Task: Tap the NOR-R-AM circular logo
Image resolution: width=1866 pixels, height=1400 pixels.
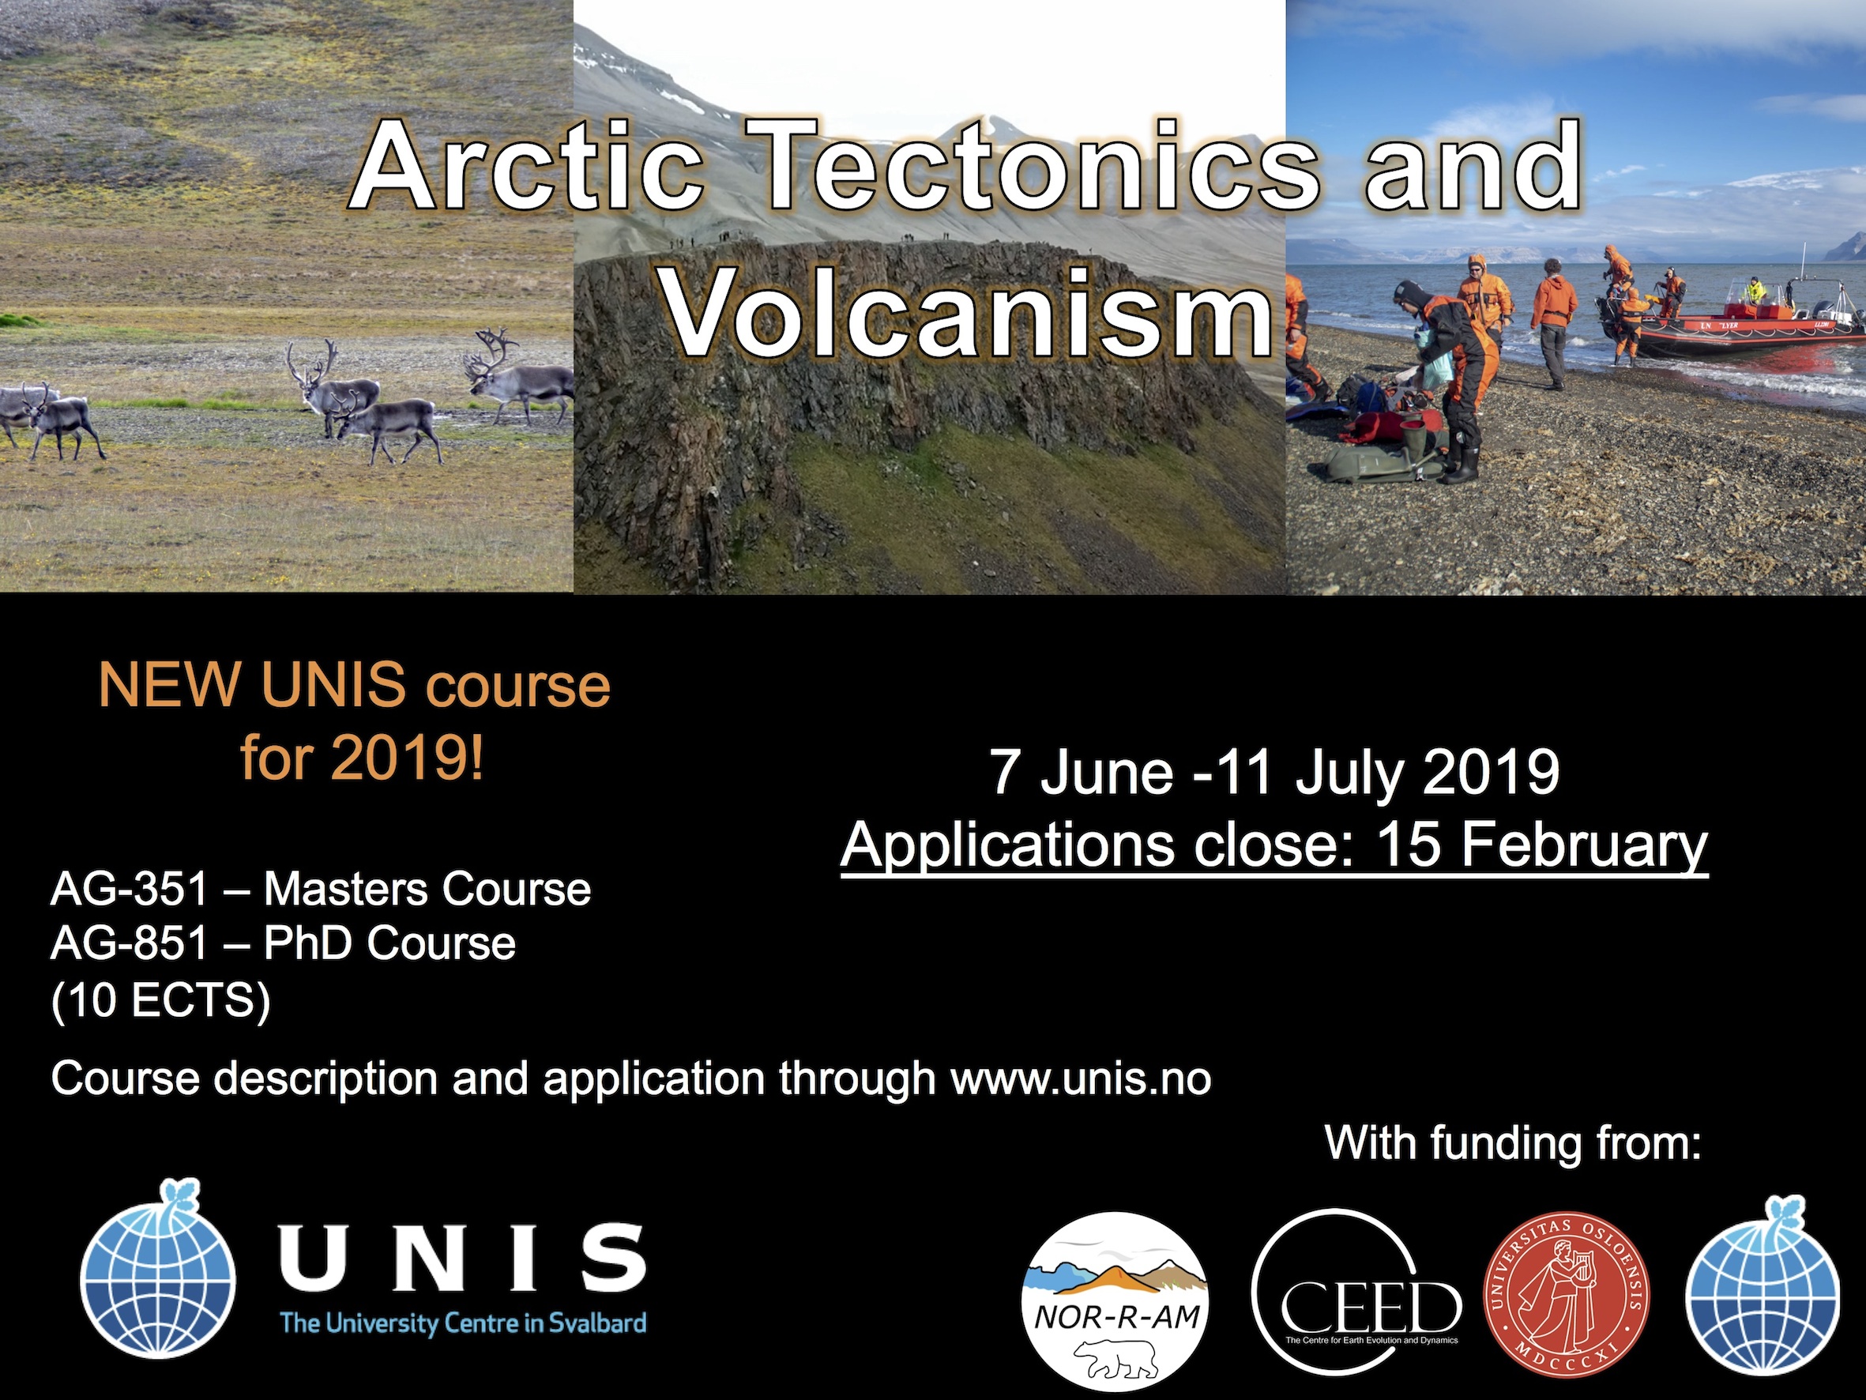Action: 1115,1301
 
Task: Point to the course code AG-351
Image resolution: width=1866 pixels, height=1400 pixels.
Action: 129,890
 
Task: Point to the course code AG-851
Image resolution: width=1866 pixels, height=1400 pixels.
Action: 129,943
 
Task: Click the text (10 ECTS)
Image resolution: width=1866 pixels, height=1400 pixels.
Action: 160,1001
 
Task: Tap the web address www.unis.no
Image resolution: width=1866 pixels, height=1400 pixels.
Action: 1081,1079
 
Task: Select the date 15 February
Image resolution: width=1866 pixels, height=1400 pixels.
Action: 1541,845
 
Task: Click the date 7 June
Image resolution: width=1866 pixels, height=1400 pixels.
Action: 1081,772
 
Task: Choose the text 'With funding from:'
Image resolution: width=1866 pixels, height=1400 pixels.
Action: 1513,1142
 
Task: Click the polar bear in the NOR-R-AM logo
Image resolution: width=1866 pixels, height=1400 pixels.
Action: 1115,1358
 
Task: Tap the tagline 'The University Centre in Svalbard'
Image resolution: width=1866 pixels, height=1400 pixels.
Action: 462,1323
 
